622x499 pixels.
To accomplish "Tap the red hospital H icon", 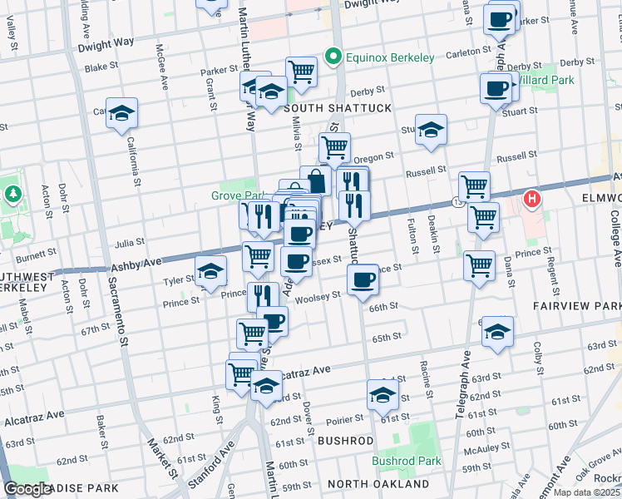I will point(531,200).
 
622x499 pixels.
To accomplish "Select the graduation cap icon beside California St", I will point(121,114).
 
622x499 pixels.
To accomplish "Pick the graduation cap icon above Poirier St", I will point(383,395).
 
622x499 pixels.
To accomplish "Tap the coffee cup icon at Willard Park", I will point(496,87).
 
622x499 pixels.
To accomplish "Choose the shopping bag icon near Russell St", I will point(316,180).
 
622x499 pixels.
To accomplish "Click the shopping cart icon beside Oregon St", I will point(334,148).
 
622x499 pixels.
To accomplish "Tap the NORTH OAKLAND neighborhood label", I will point(378,484).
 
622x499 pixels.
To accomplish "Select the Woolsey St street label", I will point(318,296).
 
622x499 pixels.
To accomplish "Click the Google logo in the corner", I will point(27,489).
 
